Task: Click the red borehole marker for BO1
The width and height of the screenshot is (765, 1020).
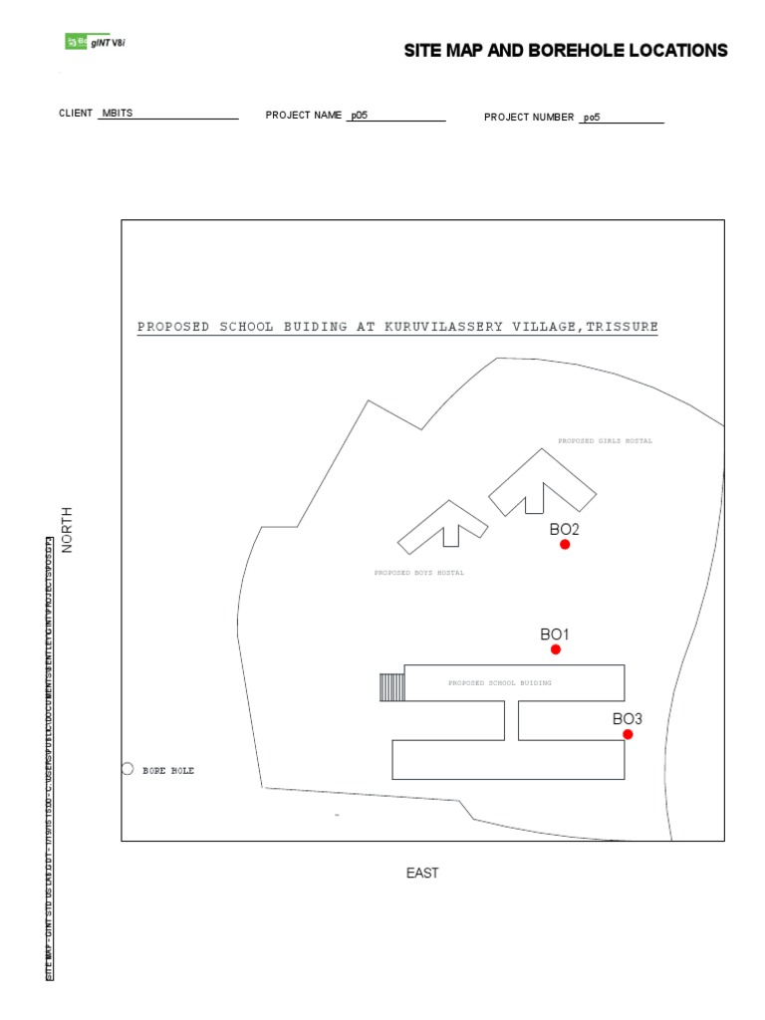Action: (556, 649)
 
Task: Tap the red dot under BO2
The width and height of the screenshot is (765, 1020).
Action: (565, 545)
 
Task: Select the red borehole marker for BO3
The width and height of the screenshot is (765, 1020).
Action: (628, 734)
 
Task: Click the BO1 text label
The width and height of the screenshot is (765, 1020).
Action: (555, 634)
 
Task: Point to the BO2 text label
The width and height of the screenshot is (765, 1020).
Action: (564, 529)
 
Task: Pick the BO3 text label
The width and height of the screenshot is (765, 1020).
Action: (628, 718)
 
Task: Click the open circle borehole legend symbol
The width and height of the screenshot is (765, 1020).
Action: (127, 769)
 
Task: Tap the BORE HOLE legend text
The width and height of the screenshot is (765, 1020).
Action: (168, 770)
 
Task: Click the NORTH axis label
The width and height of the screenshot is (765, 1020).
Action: (68, 529)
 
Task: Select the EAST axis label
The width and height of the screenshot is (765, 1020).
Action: (422, 874)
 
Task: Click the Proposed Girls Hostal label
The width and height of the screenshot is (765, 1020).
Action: (605, 440)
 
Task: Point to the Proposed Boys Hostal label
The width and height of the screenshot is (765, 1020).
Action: (418, 573)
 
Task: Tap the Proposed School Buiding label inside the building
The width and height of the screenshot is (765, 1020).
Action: (499, 683)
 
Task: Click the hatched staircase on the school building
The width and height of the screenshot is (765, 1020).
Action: (392, 687)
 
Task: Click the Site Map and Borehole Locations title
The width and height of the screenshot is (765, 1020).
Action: (566, 51)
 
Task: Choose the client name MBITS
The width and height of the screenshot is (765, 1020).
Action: (117, 114)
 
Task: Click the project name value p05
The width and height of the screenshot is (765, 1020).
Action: (358, 116)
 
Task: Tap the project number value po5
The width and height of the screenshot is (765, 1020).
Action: (592, 118)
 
